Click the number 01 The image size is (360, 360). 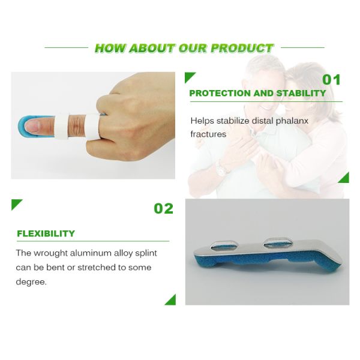[331, 80]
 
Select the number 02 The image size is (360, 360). [163, 209]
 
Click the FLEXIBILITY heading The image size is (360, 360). [46, 233]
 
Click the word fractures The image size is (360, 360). [208, 134]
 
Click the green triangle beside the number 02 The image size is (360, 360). [16, 205]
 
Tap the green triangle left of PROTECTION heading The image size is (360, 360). [190, 77]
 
